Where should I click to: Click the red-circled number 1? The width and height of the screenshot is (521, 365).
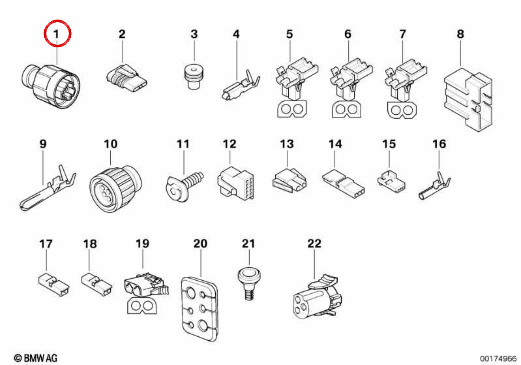point(56,34)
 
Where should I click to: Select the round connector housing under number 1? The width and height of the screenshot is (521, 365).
point(51,86)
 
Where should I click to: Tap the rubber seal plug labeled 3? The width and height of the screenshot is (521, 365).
point(194,76)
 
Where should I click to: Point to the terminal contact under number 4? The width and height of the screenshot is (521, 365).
point(241,85)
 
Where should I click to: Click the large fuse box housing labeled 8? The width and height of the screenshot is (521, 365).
point(468,100)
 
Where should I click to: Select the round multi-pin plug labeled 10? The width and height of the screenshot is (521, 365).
point(115,189)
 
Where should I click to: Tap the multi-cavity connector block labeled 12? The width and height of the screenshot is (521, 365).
point(235,184)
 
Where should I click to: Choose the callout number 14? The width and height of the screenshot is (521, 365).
point(335,144)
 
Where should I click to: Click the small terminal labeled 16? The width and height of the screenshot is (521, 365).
point(434,186)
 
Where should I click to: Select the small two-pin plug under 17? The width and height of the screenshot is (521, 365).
point(54,285)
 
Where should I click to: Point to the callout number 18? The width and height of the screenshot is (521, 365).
point(90,244)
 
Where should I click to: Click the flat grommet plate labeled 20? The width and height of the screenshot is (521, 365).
point(199,309)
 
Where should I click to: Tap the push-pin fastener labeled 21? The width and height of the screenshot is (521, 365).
point(249,284)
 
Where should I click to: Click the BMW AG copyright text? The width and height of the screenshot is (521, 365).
point(36,358)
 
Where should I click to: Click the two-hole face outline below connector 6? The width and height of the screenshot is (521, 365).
point(346,109)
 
